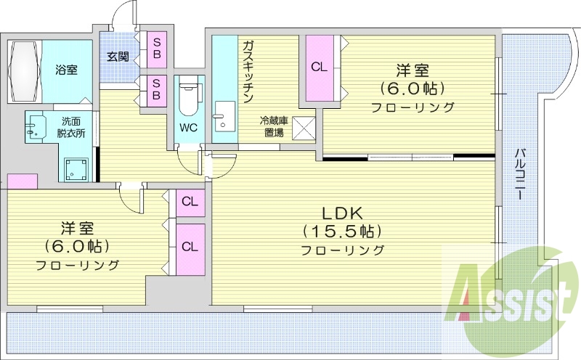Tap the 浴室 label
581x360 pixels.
(67, 70)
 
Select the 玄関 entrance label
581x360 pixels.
(118, 56)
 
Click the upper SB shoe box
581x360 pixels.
(155, 49)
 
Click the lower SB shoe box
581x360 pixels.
(155, 91)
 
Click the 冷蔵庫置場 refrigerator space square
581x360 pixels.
(304, 128)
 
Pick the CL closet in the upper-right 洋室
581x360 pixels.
(319, 67)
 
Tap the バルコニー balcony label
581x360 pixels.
(520, 174)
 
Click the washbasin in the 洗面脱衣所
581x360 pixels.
(32, 128)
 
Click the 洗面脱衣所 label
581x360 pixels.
(70, 127)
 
